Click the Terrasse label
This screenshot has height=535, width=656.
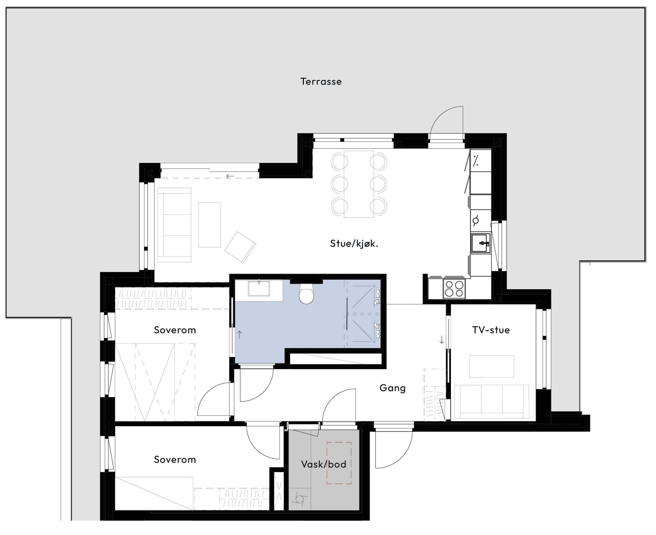[321, 81]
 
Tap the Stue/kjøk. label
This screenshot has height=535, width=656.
[354, 244]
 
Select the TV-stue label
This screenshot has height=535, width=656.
[491, 330]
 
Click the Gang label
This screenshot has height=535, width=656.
[393, 388]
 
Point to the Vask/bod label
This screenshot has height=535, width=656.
[324, 464]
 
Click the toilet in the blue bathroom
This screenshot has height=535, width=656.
[306, 294]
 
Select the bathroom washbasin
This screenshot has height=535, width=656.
[259, 289]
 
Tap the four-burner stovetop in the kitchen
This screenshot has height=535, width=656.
[454, 289]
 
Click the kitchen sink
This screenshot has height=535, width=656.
[480, 243]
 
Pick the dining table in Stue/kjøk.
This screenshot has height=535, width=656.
[359, 184]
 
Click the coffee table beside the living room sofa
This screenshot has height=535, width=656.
[210, 225]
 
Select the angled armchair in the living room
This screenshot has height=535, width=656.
[240, 247]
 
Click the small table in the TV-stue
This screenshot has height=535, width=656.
[492, 366]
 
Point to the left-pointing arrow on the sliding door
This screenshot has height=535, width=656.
[230, 176]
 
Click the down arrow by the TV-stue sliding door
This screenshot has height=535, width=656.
[442, 340]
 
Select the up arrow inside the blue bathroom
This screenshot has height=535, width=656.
[239, 334]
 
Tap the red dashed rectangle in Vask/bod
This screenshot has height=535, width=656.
[339, 463]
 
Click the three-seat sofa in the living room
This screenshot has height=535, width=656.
[174, 225]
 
